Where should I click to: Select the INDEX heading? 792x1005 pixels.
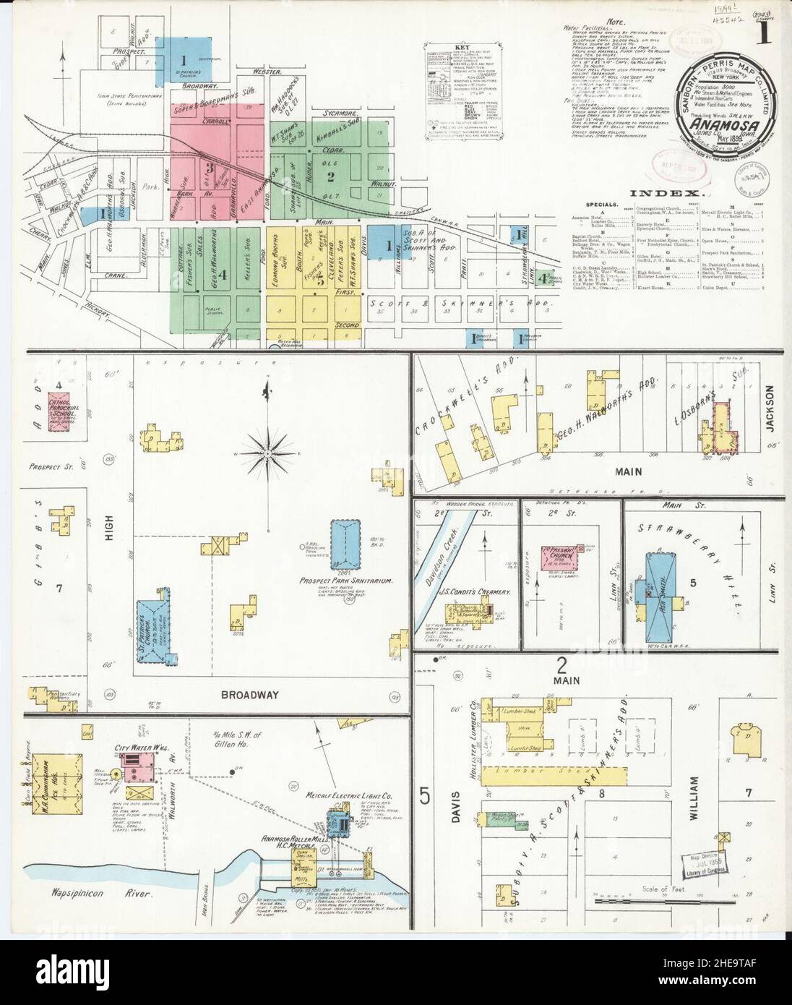[666, 194]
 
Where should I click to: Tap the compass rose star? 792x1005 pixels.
[267, 453]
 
